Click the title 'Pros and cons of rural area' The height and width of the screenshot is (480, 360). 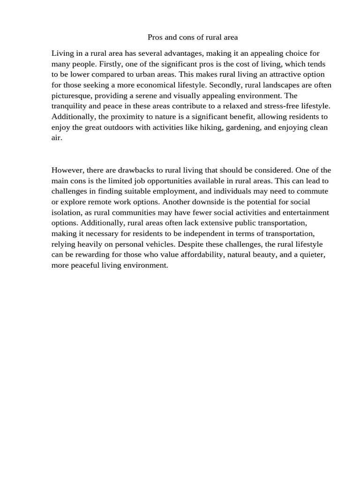click(193, 37)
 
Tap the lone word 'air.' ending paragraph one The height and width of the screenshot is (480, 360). click(57, 138)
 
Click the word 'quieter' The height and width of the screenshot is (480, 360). click(313, 255)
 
